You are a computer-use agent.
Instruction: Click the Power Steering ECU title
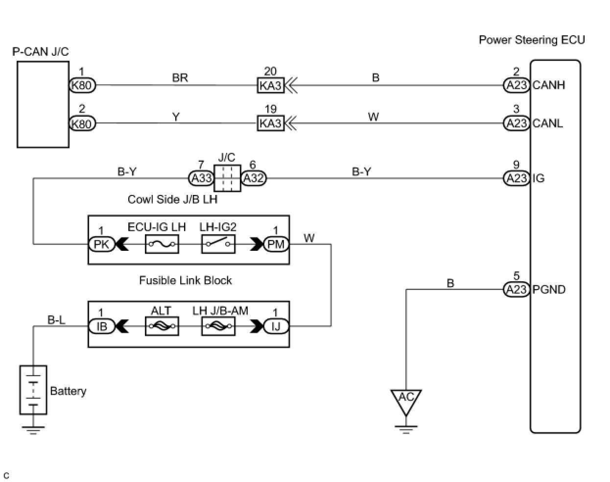click(x=532, y=40)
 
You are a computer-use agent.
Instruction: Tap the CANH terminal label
click(x=549, y=85)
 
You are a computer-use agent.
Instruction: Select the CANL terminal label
click(x=548, y=123)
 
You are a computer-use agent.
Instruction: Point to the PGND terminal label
click(x=549, y=289)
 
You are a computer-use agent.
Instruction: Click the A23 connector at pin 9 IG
click(x=516, y=178)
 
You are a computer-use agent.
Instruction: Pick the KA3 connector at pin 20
click(x=270, y=85)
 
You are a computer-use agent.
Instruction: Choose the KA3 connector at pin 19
click(x=270, y=123)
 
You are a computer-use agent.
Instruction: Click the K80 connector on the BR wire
click(x=82, y=85)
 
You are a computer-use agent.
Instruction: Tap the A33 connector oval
click(x=201, y=178)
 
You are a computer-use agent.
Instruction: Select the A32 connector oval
click(x=254, y=178)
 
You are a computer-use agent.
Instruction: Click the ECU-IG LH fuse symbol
click(x=162, y=243)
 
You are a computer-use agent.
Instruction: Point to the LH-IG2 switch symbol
click(x=218, y=243)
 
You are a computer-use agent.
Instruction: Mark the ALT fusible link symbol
click(x=162, y=326)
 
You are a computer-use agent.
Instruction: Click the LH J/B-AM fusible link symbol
click(x=218, y=326)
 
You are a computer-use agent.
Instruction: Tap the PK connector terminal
click(x=101, y=243)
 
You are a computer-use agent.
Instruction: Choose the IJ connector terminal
click(x=276, y=326)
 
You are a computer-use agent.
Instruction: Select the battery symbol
click(x=33, y=390)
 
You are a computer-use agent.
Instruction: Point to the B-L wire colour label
click(x=56, y=320)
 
